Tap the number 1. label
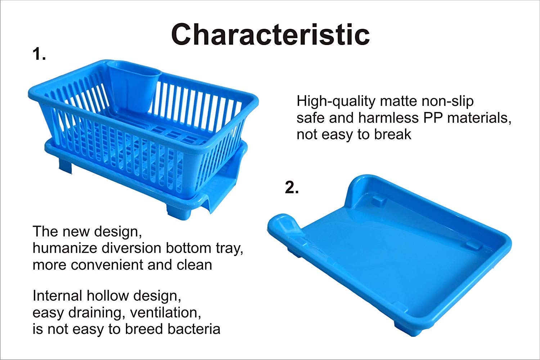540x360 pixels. [39, 54]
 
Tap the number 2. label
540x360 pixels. [292, 188]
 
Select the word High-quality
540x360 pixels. [336, 102]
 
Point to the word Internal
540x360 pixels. [57, 296]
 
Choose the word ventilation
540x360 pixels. [165, 312]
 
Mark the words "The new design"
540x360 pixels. [86, 231]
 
